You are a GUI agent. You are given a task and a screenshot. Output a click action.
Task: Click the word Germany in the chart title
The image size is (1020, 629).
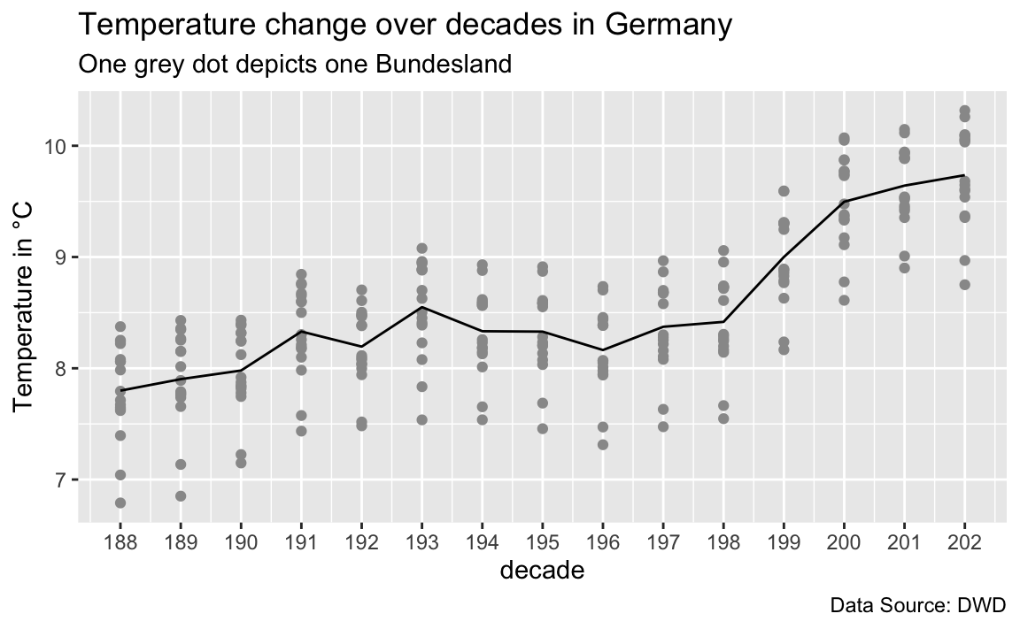tap(668, 27)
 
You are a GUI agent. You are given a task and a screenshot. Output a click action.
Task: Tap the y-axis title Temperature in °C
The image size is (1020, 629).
tap(23, 306)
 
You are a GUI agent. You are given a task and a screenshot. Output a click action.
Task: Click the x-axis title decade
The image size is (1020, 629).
tap(542, 570)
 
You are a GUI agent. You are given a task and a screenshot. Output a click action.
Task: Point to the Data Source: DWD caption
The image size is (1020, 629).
tap(918, 606)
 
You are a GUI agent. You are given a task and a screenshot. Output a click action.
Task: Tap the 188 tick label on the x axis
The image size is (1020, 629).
tap(120, 542)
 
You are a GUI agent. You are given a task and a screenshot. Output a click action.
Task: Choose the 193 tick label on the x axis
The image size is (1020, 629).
tap(421, 542)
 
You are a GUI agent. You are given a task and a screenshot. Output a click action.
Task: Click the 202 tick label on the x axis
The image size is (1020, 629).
tap(965, 542)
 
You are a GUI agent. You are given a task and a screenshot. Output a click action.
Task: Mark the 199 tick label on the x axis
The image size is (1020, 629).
tap(784, 542)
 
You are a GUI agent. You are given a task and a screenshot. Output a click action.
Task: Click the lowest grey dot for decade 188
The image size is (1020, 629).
tap(120, 503)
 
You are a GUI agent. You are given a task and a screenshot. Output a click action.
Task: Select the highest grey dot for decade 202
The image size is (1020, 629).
tap(965, 111)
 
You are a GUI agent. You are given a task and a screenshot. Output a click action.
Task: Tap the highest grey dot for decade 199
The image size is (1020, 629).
tap(784, 191)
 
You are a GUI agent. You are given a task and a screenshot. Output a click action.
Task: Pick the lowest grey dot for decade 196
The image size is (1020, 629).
tap(603, 444)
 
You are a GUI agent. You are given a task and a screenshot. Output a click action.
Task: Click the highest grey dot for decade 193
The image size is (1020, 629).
tap(421, 249)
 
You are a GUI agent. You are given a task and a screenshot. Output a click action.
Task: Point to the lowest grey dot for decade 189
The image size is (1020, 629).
tap(181, 495)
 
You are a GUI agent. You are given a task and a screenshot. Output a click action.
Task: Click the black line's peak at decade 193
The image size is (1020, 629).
tap(421, 307)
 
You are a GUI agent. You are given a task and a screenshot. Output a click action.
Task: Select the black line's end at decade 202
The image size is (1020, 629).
tap(965, 175)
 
